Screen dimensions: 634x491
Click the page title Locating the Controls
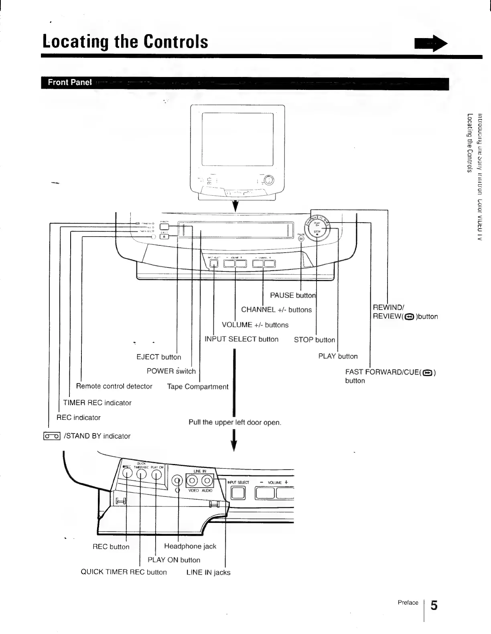click(126, 42)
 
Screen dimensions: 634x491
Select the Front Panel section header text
click(70, 82)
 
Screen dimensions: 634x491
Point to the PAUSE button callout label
click(293, 296)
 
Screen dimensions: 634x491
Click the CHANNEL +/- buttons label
click(276, 310)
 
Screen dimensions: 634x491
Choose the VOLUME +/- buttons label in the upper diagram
click(255, 325)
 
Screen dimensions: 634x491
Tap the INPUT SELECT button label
click(241, 339)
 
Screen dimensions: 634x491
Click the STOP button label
click(314, 340)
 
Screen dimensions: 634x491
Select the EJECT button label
click(159, 357)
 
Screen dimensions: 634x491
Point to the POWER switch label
click(171, 371)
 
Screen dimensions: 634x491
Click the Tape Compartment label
click(198, 387)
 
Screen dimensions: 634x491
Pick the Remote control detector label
click(114, 386)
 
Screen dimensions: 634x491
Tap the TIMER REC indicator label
click(97, 403)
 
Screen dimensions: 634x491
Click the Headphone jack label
click(190, 546)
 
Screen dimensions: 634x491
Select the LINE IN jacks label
click(208, 572)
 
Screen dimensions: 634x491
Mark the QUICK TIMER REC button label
click(124, 572)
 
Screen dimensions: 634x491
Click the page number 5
click(434, 605)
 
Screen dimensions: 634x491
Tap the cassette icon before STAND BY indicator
click(52, 436)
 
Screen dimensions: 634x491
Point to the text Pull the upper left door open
click(235, 422)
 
